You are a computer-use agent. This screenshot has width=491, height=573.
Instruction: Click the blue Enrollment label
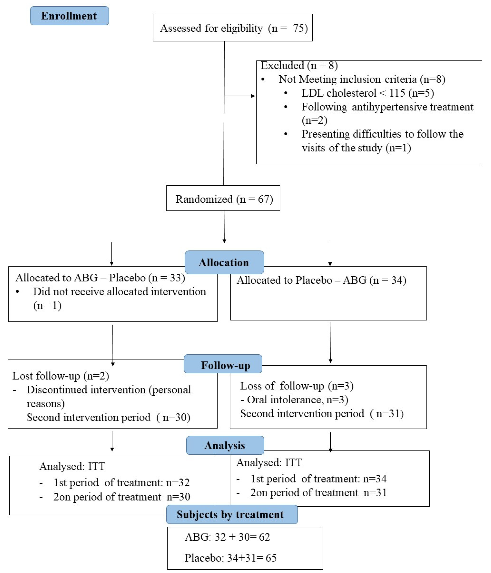click(x=69, y=16)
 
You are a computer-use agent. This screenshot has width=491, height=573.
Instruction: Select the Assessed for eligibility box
click(x=233, y=28)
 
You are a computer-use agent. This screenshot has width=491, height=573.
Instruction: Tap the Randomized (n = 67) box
click(x=223, y=199)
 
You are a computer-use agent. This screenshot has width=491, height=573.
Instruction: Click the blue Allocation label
click(x=224, y=262)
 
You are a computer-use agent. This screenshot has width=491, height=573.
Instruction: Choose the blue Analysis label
click(x=225, y=445)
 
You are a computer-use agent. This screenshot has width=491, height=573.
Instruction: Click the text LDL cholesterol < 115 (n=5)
click(x=368, y=93)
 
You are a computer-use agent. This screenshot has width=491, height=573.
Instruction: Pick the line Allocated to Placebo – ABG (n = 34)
click(x=321, y=280)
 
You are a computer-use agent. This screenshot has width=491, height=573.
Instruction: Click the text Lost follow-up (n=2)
click(x=61, y=376)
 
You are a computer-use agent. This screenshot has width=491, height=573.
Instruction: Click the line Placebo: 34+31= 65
click(x=230, y=558)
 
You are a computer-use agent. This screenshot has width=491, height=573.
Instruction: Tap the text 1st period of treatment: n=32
click(x=122, y=482)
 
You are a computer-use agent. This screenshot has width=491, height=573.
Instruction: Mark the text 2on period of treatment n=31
click(x=318, y=492)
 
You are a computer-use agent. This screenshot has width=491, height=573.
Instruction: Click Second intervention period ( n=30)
click(x=109, y=417)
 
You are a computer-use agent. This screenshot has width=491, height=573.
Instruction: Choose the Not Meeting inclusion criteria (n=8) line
click(x=362, y=79)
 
